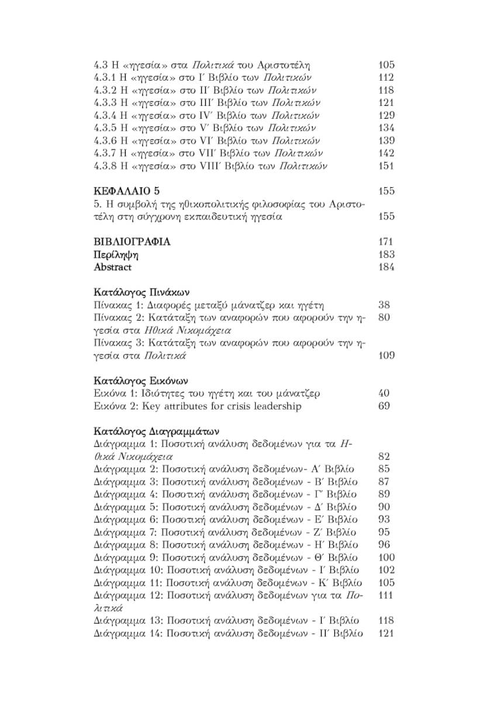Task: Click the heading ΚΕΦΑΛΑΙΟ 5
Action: (x=126, y=191)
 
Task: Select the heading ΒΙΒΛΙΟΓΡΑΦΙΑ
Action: (x=132, y=242)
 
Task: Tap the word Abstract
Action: (x=113, y=267)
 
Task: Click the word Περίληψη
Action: (x=116, y=255)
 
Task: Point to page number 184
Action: (x=386, y=267)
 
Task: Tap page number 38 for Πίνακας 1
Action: (x=384, y=305)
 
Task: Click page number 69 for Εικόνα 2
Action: (x=384, y=406)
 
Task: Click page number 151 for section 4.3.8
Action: (x=386, y=166)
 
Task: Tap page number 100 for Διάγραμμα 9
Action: (x=386, y=558)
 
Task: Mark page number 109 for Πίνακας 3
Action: (x=386, y=356)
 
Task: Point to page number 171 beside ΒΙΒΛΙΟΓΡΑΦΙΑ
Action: (x=386, y=242)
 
